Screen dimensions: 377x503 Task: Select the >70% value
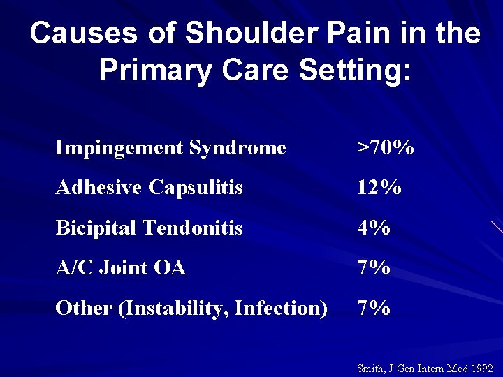385,148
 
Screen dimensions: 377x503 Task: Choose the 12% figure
379,188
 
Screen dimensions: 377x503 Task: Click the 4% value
373,228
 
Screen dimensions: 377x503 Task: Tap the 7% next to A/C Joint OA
373,267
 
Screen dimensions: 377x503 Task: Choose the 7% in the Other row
373,308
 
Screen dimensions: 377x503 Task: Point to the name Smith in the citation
370,368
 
